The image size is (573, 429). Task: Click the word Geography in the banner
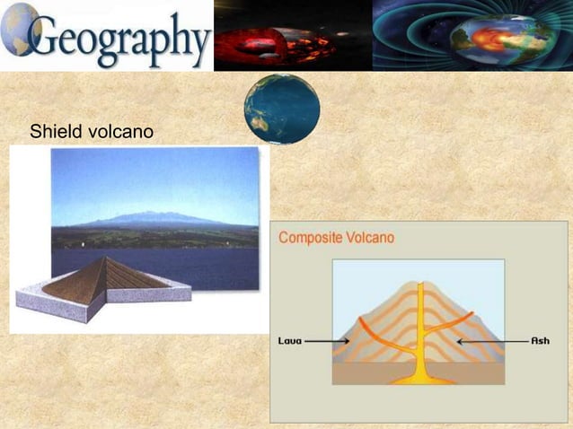point(119,38)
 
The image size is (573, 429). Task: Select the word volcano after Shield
point(119,133)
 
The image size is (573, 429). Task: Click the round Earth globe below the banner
point(282,109)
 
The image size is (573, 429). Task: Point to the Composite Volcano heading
point(336,239)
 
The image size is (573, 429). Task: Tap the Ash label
point(541,341)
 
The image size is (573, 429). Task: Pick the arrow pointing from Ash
point(490,341)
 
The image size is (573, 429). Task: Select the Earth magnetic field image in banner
point(472,36)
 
